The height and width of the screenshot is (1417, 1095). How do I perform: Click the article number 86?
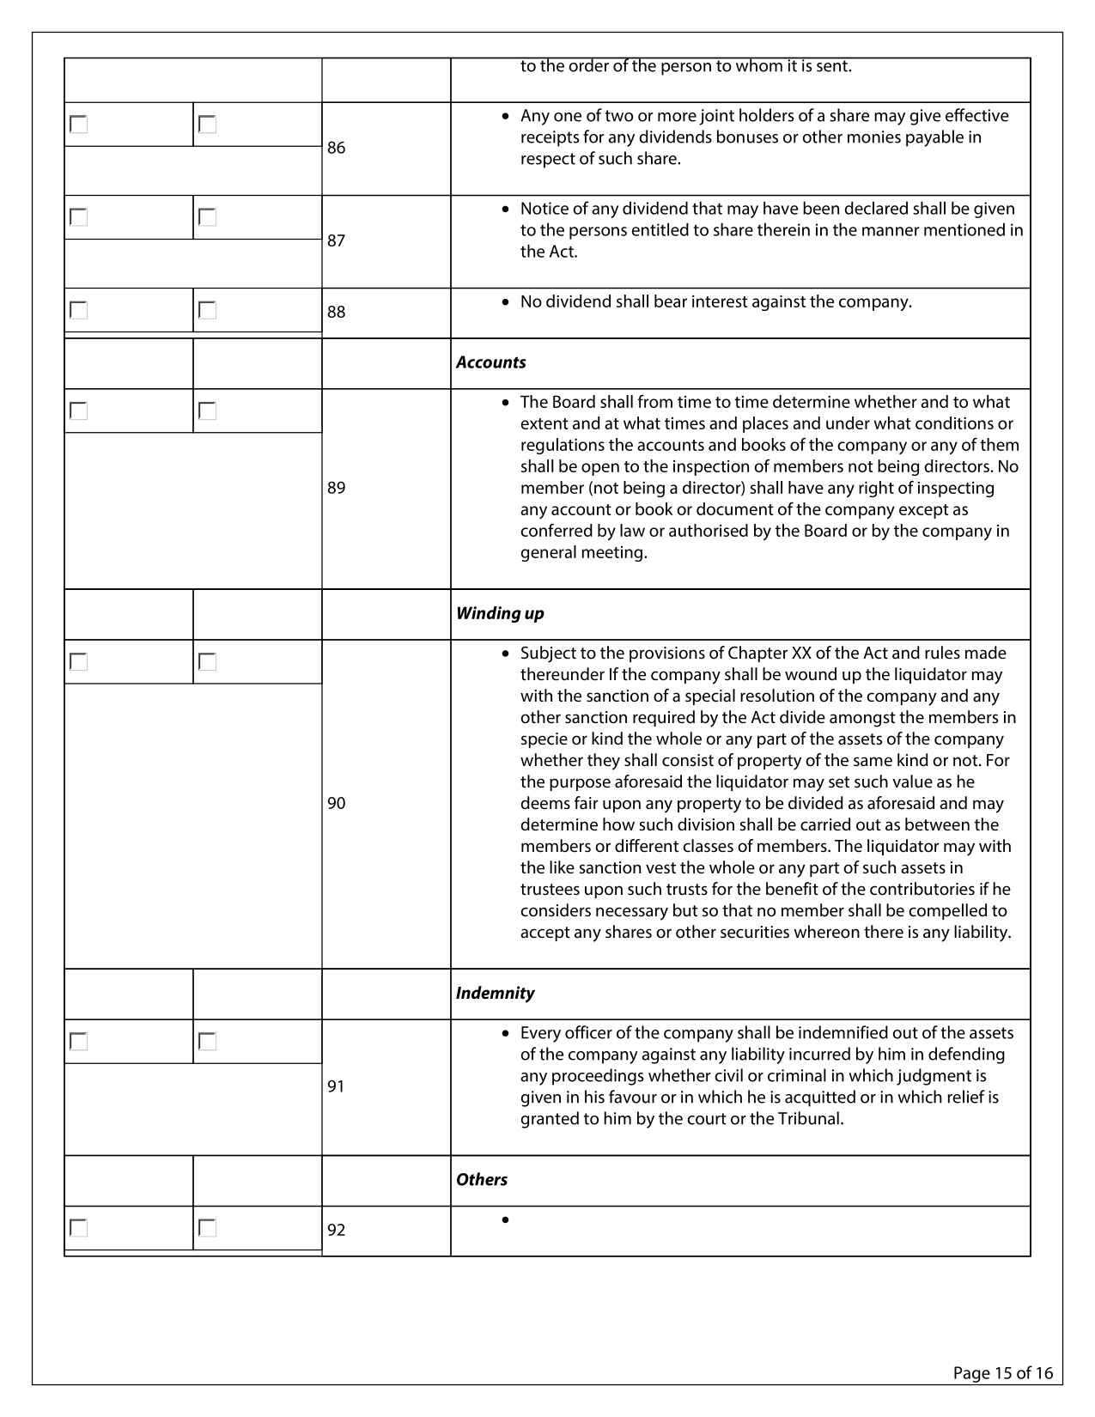[x=336, y=148]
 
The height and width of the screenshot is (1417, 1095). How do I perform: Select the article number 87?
[x=336, y=240]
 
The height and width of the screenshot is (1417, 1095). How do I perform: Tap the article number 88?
[x=336, y=312]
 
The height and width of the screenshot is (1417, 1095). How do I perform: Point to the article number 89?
[x=336, y=488]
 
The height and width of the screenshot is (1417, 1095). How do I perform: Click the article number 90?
[x=336, y=803]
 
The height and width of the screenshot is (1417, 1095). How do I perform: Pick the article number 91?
[x=336, y=1086]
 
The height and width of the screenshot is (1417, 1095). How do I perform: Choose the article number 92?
[x=336, y=1230]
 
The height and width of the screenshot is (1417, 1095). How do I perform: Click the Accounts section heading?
[x=490, y=362]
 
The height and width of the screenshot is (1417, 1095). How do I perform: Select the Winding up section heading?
[x=500, y=613]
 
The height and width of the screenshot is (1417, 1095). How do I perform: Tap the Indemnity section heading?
[x=495, y=993]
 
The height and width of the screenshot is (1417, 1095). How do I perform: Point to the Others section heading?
[x=482, y=1179]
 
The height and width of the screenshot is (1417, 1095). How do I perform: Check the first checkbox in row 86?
[x=79, y=125]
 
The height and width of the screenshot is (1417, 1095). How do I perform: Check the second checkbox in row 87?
[x=207, y=217]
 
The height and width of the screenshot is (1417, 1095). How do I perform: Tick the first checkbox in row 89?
[x=79, y=411]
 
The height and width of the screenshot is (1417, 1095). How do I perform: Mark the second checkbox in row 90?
[x=207, y=662]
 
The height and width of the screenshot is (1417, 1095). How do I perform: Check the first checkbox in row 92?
[x=79, y=1228]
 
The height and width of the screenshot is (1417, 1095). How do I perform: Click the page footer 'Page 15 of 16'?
[x=1002, y=1372]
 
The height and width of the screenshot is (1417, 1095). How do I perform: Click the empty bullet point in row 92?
[x=505, y=1219]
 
